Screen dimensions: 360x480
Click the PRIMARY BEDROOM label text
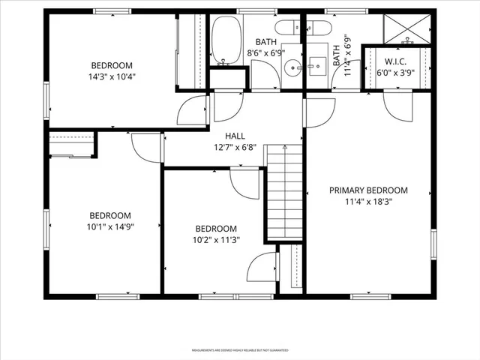tap(368, 190)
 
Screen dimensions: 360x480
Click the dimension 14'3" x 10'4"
tap(113, 76)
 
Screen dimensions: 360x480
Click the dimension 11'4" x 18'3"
tap(368, 201)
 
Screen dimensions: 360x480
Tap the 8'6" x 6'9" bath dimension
tap(265, 53)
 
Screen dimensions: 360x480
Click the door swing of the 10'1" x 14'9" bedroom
tap(146, 147)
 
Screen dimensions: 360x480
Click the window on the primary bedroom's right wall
tap(433, 244)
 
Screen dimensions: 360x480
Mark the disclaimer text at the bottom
tap(239, 350)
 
